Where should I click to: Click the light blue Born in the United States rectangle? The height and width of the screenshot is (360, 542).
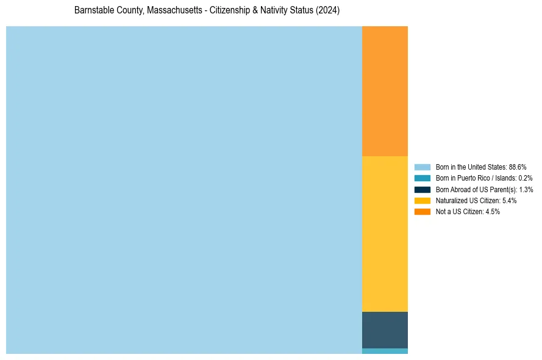click(184, 190)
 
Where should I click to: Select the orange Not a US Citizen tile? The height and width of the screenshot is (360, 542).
click(385, 91)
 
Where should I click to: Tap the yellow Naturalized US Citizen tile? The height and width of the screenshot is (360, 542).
click(385, 234)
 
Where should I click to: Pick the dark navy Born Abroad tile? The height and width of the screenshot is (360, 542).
click(385, 329)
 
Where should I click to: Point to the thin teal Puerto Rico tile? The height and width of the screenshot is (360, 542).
click(385, 351)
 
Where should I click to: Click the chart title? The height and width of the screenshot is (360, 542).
click(207, 11)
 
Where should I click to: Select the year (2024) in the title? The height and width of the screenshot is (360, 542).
click(328, 11)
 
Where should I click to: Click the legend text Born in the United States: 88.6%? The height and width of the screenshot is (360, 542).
click(481, 167)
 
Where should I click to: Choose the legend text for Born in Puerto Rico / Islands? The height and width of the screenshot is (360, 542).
click(484, 178)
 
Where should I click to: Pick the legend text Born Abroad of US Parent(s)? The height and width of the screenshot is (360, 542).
click(484, 190)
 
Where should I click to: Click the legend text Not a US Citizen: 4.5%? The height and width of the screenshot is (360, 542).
click(468, 212)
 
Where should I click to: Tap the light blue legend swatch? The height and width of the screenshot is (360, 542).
click(423, 167)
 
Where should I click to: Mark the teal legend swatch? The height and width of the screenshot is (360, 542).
click(423, 178)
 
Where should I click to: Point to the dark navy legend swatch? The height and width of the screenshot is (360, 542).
click(423, 190)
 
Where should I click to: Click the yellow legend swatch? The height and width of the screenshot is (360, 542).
click(423, 201)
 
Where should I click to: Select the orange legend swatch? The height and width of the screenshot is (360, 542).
click(423, 212)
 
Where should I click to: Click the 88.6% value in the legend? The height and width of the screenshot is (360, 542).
click(518, 167)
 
